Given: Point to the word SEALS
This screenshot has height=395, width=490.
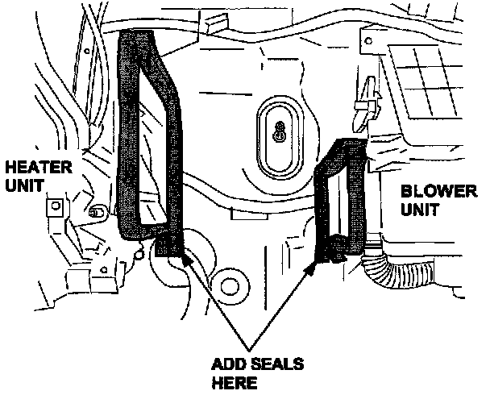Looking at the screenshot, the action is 276,364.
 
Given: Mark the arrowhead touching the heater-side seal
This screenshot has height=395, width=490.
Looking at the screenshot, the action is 187,259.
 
